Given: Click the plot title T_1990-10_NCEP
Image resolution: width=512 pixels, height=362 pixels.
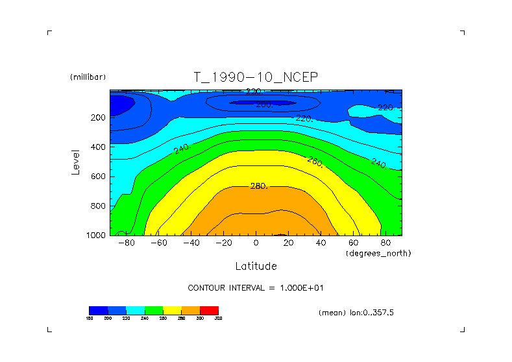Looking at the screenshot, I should pos(256,77).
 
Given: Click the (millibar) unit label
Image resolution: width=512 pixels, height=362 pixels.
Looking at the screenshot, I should pos(88,77).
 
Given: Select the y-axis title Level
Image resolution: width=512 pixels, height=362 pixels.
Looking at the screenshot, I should pos(76,161).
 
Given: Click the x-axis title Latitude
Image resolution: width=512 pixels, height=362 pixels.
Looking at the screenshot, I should pos(256,266).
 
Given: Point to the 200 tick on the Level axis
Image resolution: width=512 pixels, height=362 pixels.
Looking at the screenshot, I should pos(98,117).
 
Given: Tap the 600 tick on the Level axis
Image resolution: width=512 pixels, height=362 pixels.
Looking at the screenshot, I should pos(98,176).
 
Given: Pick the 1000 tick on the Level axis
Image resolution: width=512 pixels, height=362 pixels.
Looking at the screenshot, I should pos(96,235).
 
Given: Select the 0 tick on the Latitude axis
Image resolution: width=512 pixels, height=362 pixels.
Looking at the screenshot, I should pos(256,243).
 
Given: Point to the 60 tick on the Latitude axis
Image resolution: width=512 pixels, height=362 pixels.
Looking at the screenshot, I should pos(353,243).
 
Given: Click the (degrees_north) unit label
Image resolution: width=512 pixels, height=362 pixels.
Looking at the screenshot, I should pos(379,252).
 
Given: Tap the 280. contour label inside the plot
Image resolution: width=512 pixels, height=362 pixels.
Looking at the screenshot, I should pos(259,186).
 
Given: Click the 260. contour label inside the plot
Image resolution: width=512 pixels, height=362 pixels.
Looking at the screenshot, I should pos(315,162).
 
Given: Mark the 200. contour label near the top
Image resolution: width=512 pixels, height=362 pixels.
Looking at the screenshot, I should pos(264,104).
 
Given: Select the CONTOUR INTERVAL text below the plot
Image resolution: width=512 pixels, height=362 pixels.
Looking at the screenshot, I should pos(260,287).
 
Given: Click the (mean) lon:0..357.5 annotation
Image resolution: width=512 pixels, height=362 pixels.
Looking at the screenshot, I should pos(356,312).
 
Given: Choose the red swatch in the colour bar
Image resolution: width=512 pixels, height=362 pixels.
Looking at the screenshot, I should pos(209,310).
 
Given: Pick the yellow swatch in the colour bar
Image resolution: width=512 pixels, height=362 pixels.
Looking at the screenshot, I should pos(172,310).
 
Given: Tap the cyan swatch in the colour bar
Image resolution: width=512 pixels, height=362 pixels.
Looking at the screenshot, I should pos(135,310).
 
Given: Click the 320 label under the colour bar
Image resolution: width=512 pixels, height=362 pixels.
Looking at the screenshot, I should pos(218,318).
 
